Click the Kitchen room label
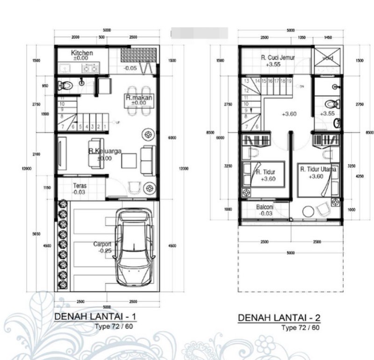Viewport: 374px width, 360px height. coord(82,53)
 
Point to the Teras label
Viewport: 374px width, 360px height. coord(79,186)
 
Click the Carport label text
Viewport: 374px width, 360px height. coord(102,244)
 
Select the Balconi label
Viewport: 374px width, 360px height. coord(265,207)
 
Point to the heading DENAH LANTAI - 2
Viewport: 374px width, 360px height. coord(280,318)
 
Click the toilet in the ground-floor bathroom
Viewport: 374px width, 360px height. coord(65,85)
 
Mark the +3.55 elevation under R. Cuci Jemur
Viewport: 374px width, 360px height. coord(273,65)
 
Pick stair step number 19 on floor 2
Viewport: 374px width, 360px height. coord(289,81)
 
